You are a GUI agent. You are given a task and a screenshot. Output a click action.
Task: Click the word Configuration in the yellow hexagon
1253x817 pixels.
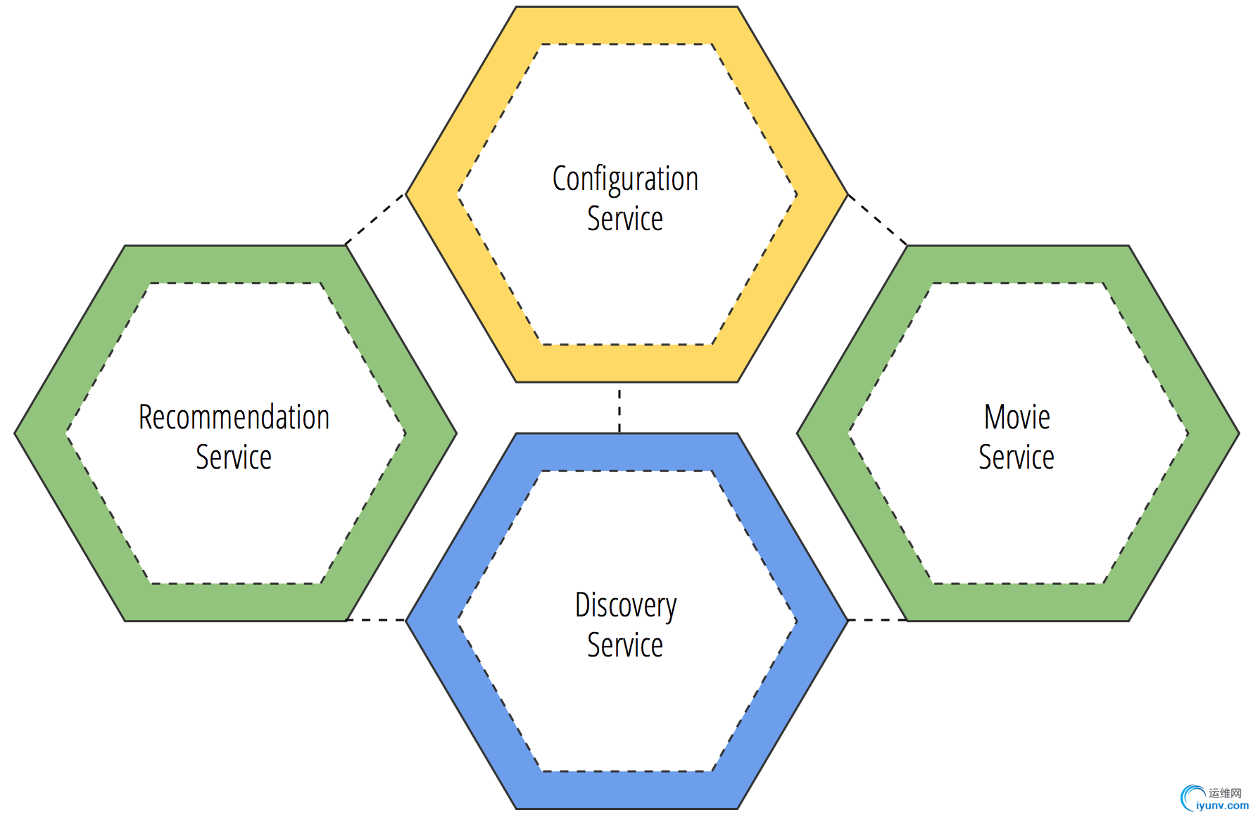tap(625, 179)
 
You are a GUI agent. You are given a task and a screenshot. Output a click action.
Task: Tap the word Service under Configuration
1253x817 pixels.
tap(625, 219)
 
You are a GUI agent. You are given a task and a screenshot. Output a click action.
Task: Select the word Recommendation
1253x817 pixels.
tap(234, 417)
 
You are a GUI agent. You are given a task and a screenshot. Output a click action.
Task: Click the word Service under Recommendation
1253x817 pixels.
tap(234, 457)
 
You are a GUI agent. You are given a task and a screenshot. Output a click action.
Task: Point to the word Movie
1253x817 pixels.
tap(1016, 417)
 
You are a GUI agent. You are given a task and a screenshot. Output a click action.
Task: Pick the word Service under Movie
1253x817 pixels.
tap(1016, 457)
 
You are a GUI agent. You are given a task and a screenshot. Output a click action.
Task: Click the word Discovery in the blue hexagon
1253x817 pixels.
tap(625, 605)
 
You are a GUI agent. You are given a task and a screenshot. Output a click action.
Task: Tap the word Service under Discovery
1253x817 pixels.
tap(625, 645)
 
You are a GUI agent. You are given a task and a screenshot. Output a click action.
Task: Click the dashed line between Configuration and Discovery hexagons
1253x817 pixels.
tap(619, 408)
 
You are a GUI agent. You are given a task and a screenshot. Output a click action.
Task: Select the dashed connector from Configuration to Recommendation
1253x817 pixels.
tap(376, 220)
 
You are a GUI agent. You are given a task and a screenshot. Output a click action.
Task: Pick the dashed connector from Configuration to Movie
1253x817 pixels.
tap(877, 220)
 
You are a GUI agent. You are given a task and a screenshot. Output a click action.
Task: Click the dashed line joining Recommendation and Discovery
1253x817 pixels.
tap(377, 620)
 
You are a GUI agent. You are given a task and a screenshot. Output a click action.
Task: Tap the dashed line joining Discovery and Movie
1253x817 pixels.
tap(877, 620)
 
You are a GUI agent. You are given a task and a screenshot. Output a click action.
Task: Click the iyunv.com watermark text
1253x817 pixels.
tap(1222, 806)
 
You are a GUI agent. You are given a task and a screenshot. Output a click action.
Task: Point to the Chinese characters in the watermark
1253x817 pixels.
tap(1225, 793)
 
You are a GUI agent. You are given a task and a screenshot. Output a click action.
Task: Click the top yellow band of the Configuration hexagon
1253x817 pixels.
tap(626, 25)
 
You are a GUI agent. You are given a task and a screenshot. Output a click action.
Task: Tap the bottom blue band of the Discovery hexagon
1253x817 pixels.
tap(626, 790)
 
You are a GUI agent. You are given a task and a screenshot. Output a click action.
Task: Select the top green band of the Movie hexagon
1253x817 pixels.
tap(1018, 265)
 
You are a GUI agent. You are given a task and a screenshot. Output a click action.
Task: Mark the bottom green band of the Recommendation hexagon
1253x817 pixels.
tap(235, 602)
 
